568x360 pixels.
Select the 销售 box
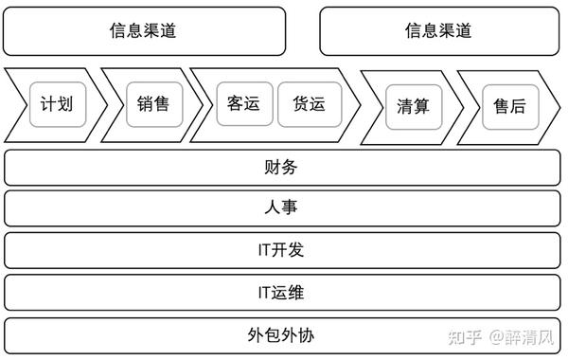click(x=153, y=103)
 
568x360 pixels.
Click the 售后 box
click(x=509, y=106)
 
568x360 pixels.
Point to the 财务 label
click(x=282, y=168)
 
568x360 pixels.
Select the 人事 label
click(x=282, y=209)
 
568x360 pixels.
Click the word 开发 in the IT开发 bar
click(x=290, y=251)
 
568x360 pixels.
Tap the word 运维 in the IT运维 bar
click(x=290, y=293)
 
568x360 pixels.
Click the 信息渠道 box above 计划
click(x=144, y=31)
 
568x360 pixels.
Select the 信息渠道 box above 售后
click(x=438, y=31)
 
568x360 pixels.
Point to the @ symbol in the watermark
click(x=498, y=337)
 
